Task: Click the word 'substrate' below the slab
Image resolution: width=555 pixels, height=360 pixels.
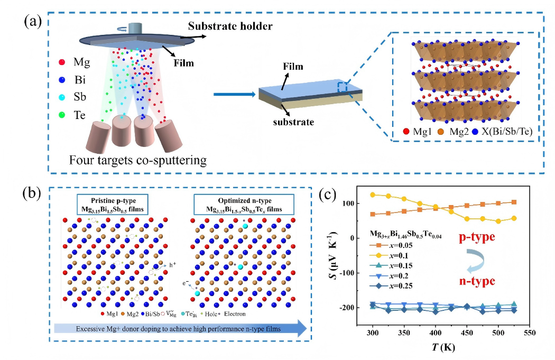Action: [x=295, y=122]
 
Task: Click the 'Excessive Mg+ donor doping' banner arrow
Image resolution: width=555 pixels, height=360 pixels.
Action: [x=180, y=328]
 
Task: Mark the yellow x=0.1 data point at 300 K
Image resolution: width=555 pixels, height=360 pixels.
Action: [x=373, y=195]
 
